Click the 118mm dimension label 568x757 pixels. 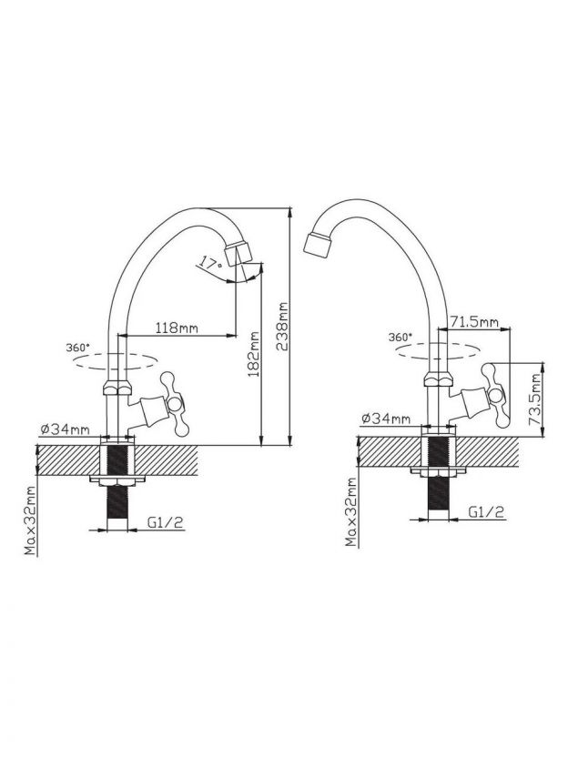pyautogui.click(x=177, y=328)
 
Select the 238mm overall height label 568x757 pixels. pyautogui.click(x=281, y=326)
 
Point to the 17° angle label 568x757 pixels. pyautogui.click(x=210, y=264)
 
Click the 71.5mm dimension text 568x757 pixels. pyautogui.click(x=474, y=321)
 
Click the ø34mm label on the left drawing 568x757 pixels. pyautogui.click(x=65, y=429)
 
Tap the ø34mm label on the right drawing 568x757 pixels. pyautogui.click(x=385, y=419)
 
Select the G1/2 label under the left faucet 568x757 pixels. pyautogui.click(x=166, y=522)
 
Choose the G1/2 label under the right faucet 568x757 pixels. pyautogui.click(x=486, y=511)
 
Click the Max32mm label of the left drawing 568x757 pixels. pyautogui.click(x=31, y=520)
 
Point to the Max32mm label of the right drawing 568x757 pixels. pyautogui.click(x=351, y=512)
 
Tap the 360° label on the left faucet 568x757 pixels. pyautogui.click(x=77, y=348)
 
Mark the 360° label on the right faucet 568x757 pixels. pyautogui.click(x=401, y=337)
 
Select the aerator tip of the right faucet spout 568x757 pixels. pyautogui.click(x=318, y=244)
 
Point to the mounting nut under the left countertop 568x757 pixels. pyautogui.click(x=117, y=480)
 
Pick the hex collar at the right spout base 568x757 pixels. pyautogui.click(x=439, y=378)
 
